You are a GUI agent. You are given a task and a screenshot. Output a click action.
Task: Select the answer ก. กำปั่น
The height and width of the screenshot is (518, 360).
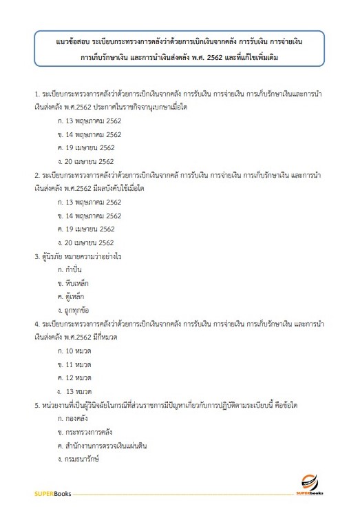[72, 269]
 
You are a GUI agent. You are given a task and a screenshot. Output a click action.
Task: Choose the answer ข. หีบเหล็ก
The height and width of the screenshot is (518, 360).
[74, 283]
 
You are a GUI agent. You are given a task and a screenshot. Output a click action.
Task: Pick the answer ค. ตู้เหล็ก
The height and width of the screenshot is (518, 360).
[73, 296]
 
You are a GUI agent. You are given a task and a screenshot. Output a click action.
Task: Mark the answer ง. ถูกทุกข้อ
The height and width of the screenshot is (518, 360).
[75, 310]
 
